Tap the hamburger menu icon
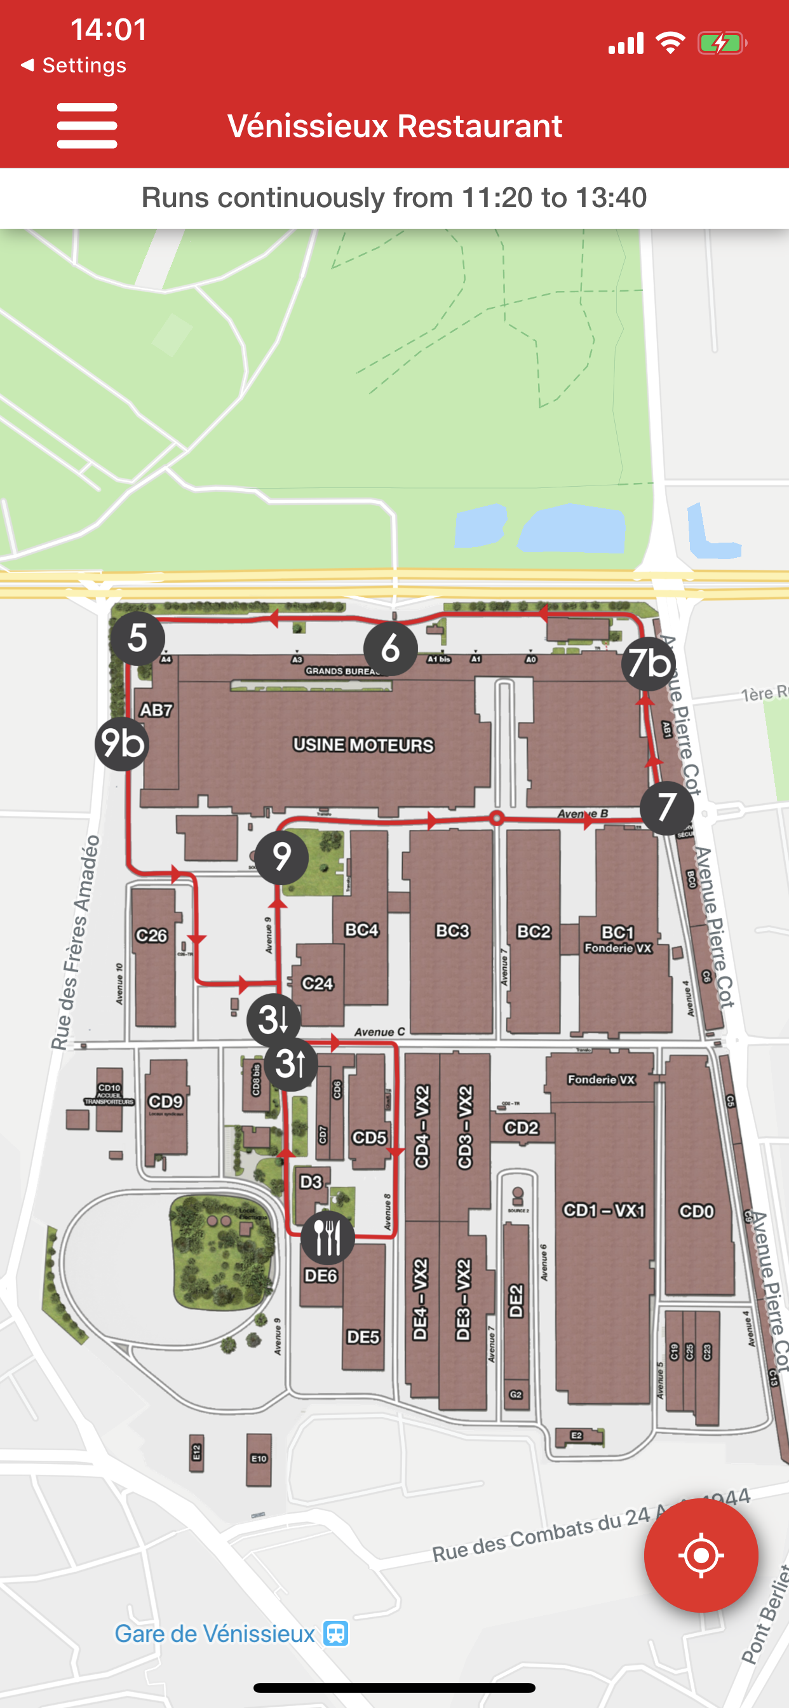tap(87, 125)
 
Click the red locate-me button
tap(701, 1555)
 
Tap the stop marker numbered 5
tap(137, 638)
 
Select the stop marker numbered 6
tap(391, 649)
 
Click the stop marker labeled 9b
tap(122, 743)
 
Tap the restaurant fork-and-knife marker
tap(328, 1237)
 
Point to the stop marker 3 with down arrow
tap(273, 1020)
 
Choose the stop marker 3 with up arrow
tap(290, 1064)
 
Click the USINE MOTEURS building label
tap(363, 745)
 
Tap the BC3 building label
tap(452, 931)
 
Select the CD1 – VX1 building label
tap(604, 1210)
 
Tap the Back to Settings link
tap(74, 65)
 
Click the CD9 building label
tap(165, 1101)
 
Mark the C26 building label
tap(152, 935)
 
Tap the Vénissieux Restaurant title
tap(394, 126)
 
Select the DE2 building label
tap(516, 1301)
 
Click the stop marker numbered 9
tap(282, 857)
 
